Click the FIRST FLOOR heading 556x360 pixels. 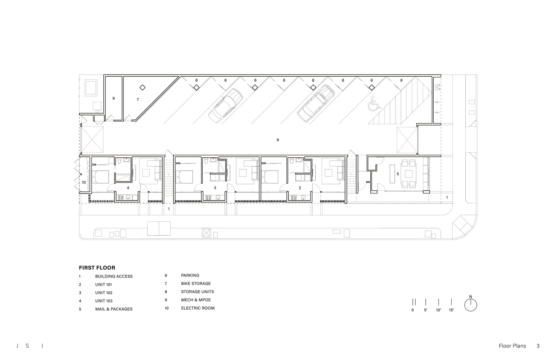(x=97, y=267)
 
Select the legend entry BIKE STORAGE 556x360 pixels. (x=196, y=284)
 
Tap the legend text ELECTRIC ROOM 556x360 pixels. (x=198, y=308)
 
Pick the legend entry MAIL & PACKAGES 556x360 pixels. (x=114, y=309)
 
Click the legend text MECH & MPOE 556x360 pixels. (x=196, y=300)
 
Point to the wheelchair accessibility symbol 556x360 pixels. (x=374, y=104)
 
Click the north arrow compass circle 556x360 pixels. (x=471, y=305)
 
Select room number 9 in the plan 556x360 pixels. (x=113, y=98)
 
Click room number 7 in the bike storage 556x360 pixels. (x=138, y=100)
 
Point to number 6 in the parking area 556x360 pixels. (x=278, y=140)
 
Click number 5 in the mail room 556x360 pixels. (x=398, y=174)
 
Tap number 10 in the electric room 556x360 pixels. (x=83, y=183)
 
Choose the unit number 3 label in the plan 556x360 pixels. (x=215, y=188)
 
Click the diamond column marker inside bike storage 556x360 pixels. (x=142, y=87)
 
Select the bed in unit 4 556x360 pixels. (x=100, y=177)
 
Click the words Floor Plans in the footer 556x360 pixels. (x=512, y=346)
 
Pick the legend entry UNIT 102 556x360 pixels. (x=104, y=293)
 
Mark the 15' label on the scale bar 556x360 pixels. (x=451, y=310)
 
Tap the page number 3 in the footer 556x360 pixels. (x=538, y=346)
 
